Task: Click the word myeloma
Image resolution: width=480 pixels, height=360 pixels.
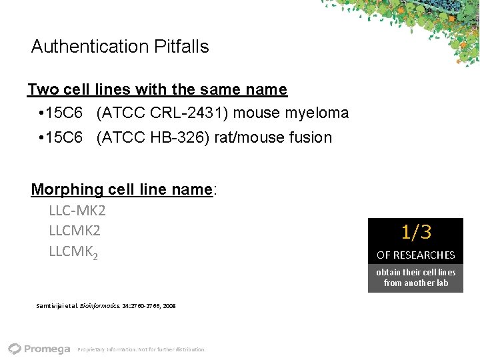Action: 317,113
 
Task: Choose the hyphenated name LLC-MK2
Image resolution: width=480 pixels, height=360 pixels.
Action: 77,211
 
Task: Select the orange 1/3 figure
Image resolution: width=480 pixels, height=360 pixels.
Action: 416,232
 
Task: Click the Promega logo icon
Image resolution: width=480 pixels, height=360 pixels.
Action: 15,348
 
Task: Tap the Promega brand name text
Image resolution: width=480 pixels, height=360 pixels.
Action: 47,349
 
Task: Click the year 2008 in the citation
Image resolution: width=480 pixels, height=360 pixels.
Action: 169,306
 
